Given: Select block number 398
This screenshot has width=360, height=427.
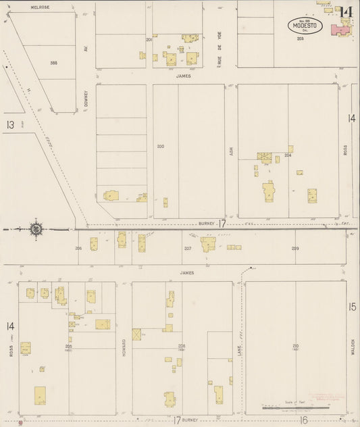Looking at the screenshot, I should tap(53, 63).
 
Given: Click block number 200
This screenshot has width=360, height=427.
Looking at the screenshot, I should tap(160, 146).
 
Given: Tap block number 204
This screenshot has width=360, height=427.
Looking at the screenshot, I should tap(288, 155).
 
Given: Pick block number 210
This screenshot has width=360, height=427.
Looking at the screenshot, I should tap(296, 346).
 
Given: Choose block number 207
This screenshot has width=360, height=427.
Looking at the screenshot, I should tap(188, 249).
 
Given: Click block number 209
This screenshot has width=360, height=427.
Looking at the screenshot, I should tap(295, 249).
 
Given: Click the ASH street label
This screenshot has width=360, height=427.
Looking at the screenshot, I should tap(230, 153).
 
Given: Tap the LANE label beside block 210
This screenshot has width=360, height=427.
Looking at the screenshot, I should tap(239, 349).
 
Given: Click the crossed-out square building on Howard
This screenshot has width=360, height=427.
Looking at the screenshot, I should tap(136, 334).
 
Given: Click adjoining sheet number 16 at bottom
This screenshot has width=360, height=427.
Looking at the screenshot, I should tap(304, 420).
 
